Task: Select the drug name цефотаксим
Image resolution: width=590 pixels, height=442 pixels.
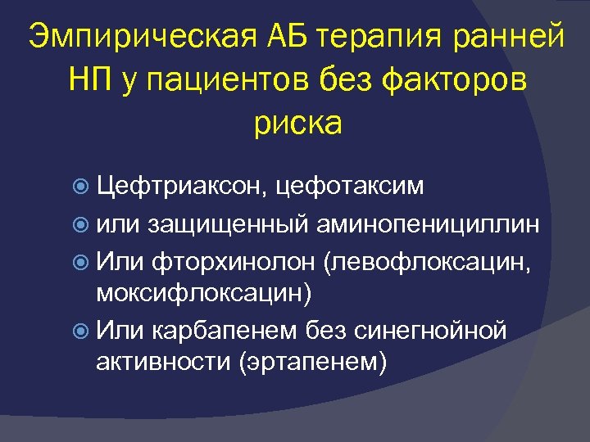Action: point(351,187)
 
